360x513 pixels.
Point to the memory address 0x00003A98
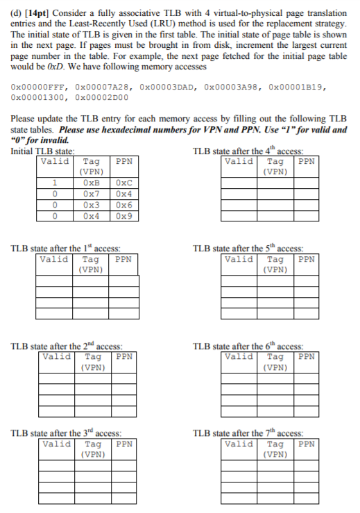[x=230, y=88]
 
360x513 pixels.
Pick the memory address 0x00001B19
[x=294, y=88]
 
